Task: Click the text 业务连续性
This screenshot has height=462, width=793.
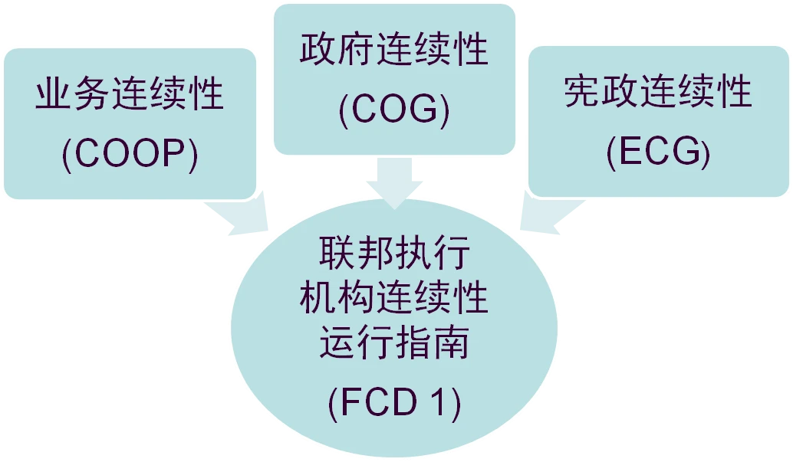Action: pyautogui.click(x=130, y=93)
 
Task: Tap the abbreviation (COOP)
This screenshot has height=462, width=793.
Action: pyautogui.click(x=130, y=154)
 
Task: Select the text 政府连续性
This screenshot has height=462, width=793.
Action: pyautogui.click(x=394, y=49)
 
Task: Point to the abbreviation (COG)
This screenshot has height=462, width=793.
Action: pyautogui.click(x=394, y=110)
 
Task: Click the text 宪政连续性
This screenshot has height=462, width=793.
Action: pyautogui.click(x=658, y=91)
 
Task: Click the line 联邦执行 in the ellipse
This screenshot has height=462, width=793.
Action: pyautogui.click(x=394, y=253)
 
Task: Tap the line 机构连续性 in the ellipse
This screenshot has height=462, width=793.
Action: pyautogui.click(x=394, y=297)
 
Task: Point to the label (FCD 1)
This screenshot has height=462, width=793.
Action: pyautogui.click(x=394, y=402)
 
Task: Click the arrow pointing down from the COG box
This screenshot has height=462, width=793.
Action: pyautogui.click(x=394, y=183)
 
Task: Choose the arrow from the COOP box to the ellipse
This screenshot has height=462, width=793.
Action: pyautogui.click(x=238, y=215)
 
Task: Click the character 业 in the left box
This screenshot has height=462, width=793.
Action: pyautogui.click(x=53, y=93)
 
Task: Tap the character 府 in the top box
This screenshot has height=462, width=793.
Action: pyautogui.click(x=356, y=49)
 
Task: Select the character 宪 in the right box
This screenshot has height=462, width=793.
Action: pyautogui.click(x=581, y=91)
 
